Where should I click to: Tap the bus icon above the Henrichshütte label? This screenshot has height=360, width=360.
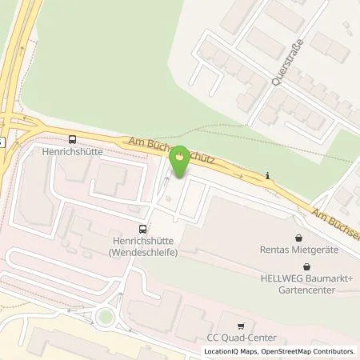[x=73, y=138]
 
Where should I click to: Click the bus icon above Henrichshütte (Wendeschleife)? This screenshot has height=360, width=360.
[x=143, y=228]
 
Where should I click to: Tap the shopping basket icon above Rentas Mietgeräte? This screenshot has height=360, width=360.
[x=298, y=238]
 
